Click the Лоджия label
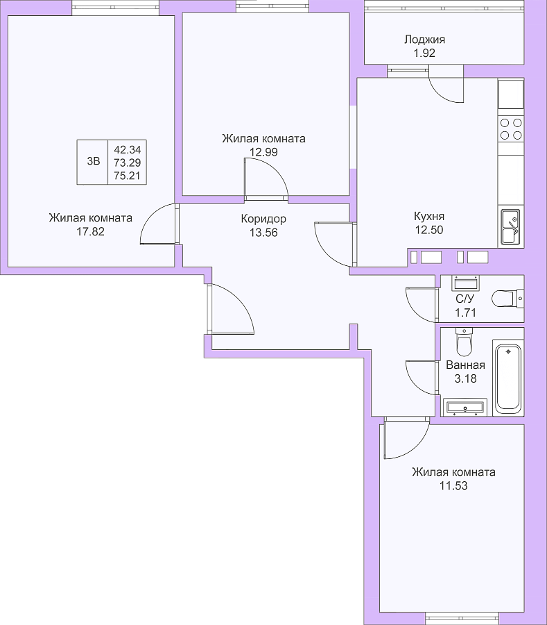pyautogui.click(x=424, y=40)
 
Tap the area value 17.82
pyautogui.click(x=90, y=231)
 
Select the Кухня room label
pyautogui.click(x=429, y=216)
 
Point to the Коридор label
pyautogui.click(x=263, y=219)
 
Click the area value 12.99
pyautogui.click(x=263, y=152)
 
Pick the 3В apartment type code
pyautogui.click(x=93, y=161)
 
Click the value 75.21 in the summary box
pyautogui.click(x=128, y=176)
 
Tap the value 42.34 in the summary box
pyautogui.click(x=128, y=150)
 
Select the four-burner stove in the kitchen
pyautogui.click(x=511, y=128)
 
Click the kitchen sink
pyautogui.click(x=511, y=226)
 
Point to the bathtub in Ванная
pyautogui.click(x=508, y=377)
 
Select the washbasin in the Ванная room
pyautogui.click(x=464, y=407)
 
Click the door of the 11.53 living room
pyautogui.click(x=405, y=438)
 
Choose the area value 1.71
pyautogui.click(x=465, y=312)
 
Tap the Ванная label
pyautogui.click(x=465, y=365)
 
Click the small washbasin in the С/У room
pyautogui.click(x=465, y=283)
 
